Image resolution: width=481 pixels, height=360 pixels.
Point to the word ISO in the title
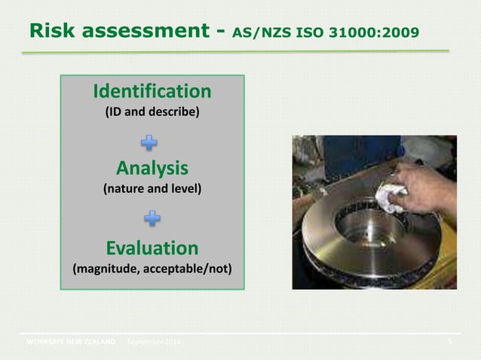pyautogui.click(x=311, y=33)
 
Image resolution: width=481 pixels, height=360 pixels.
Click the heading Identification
pyautogui.click(x=152, y=92)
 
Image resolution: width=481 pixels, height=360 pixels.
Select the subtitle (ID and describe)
pyautogui.click(x=152, y=113)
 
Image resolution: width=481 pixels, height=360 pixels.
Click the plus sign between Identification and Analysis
pyautogui.click(x=152, y=142)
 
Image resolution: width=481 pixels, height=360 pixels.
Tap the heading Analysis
pyautogui.click(x=152, y=167)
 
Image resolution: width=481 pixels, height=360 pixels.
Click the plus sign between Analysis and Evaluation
pyautogui.click(x=152, y=219)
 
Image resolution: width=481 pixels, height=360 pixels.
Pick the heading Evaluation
pyautogui.click(x=152, y=248)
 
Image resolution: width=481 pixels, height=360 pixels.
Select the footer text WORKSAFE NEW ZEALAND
pyautogui.click(x=71, y=343)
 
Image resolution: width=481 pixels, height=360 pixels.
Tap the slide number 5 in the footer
pyautogui.click(x=449, y=343)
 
